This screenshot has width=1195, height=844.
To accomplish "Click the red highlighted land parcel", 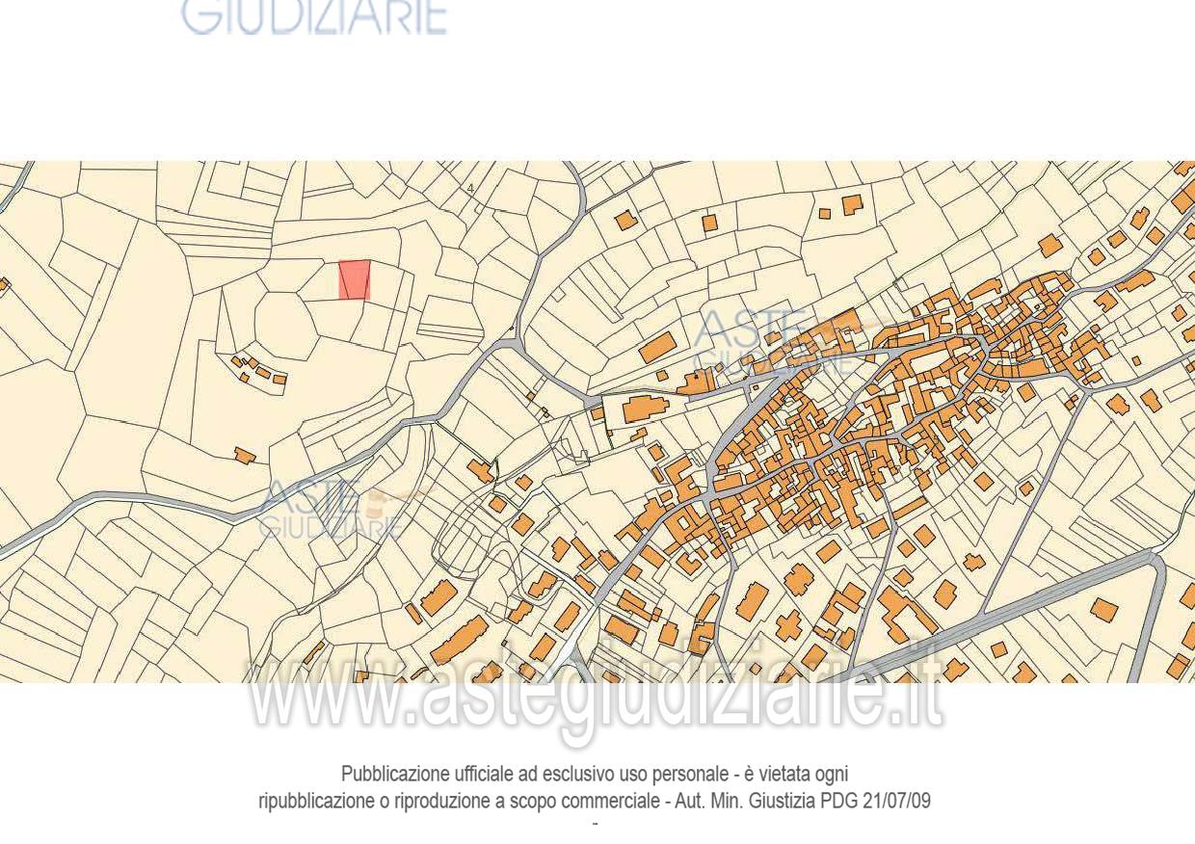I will (x=355, y=279).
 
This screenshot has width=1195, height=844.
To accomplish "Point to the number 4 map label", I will (x=470, y=189).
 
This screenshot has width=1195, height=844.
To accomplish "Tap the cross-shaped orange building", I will (x=789, y=624).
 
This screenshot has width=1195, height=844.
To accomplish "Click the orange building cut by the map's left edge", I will (x=3, y=284).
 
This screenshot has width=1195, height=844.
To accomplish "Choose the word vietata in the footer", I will (x=786, y=775).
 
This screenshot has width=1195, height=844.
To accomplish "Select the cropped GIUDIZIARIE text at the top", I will (x=314, y=17).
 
